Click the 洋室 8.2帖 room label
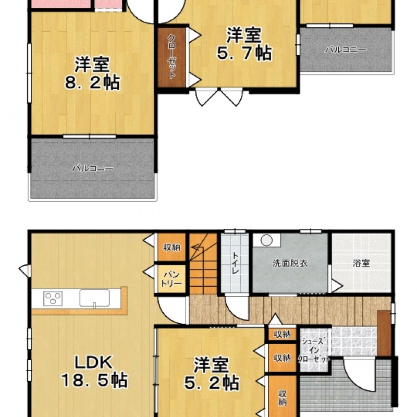(x=92, y=72)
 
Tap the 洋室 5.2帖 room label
(x=212, y=374)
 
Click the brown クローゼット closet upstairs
(x=172, y=57)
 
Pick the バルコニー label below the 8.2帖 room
(x=93, y=168)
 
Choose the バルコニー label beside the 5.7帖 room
(x=346, y=50)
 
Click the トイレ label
(x=236, y=263)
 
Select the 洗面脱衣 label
(x=290, y=263)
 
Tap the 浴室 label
(x=361, y=263)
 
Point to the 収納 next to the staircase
(x=171, y=247)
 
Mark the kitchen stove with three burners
(x=53, y=298)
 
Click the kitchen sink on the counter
(x=94, y=298)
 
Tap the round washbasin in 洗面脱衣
(x=266, y=240)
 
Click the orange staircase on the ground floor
(x=203, y=264)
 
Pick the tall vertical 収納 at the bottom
(x=282, y=396)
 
